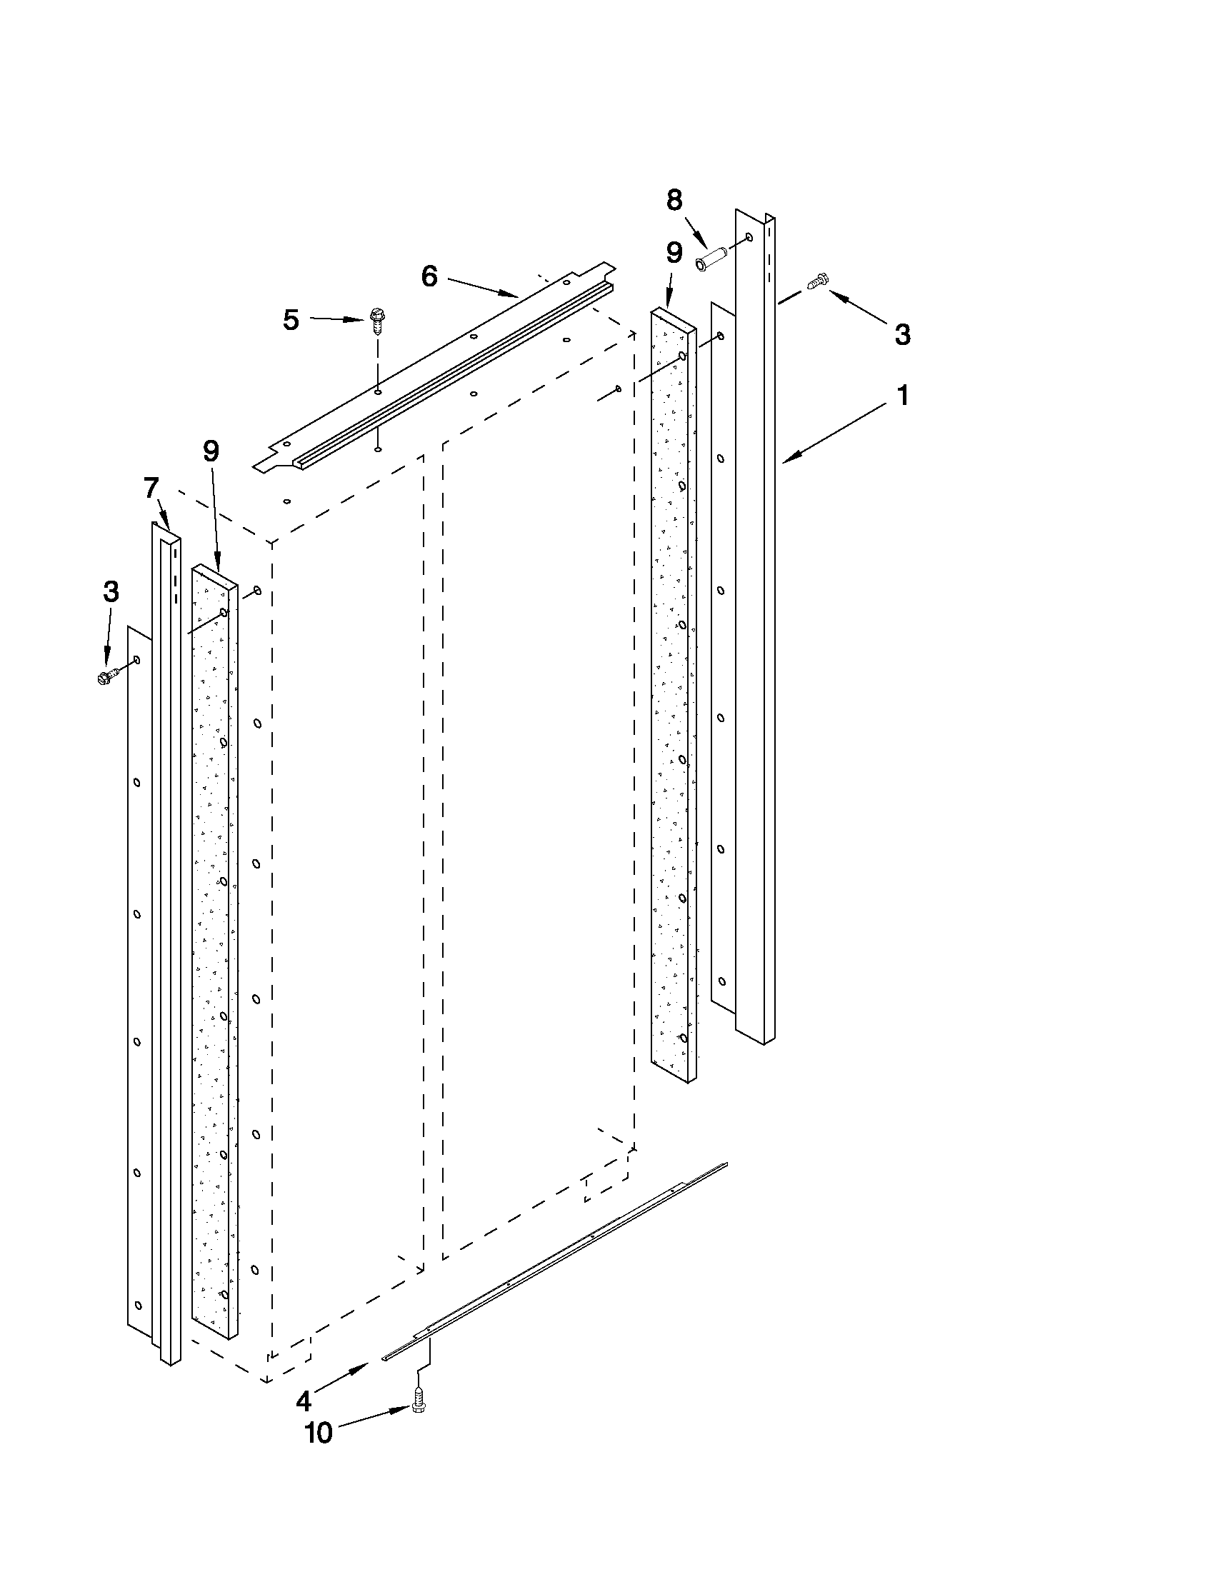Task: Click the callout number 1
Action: tap(903, 396)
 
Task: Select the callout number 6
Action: tap(429, 276)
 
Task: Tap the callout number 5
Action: tap(291, 320)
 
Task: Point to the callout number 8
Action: tap(674, 201)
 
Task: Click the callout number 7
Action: tap(151, 489)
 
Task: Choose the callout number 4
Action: tap(303, 1401)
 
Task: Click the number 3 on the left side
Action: tap(111, 592)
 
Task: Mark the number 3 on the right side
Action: tap(902, 335)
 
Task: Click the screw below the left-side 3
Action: tap(107, 677)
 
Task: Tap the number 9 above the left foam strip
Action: tap(211, 451)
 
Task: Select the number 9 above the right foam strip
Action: tap(674, 254)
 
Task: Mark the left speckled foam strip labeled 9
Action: tap(214, 936)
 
